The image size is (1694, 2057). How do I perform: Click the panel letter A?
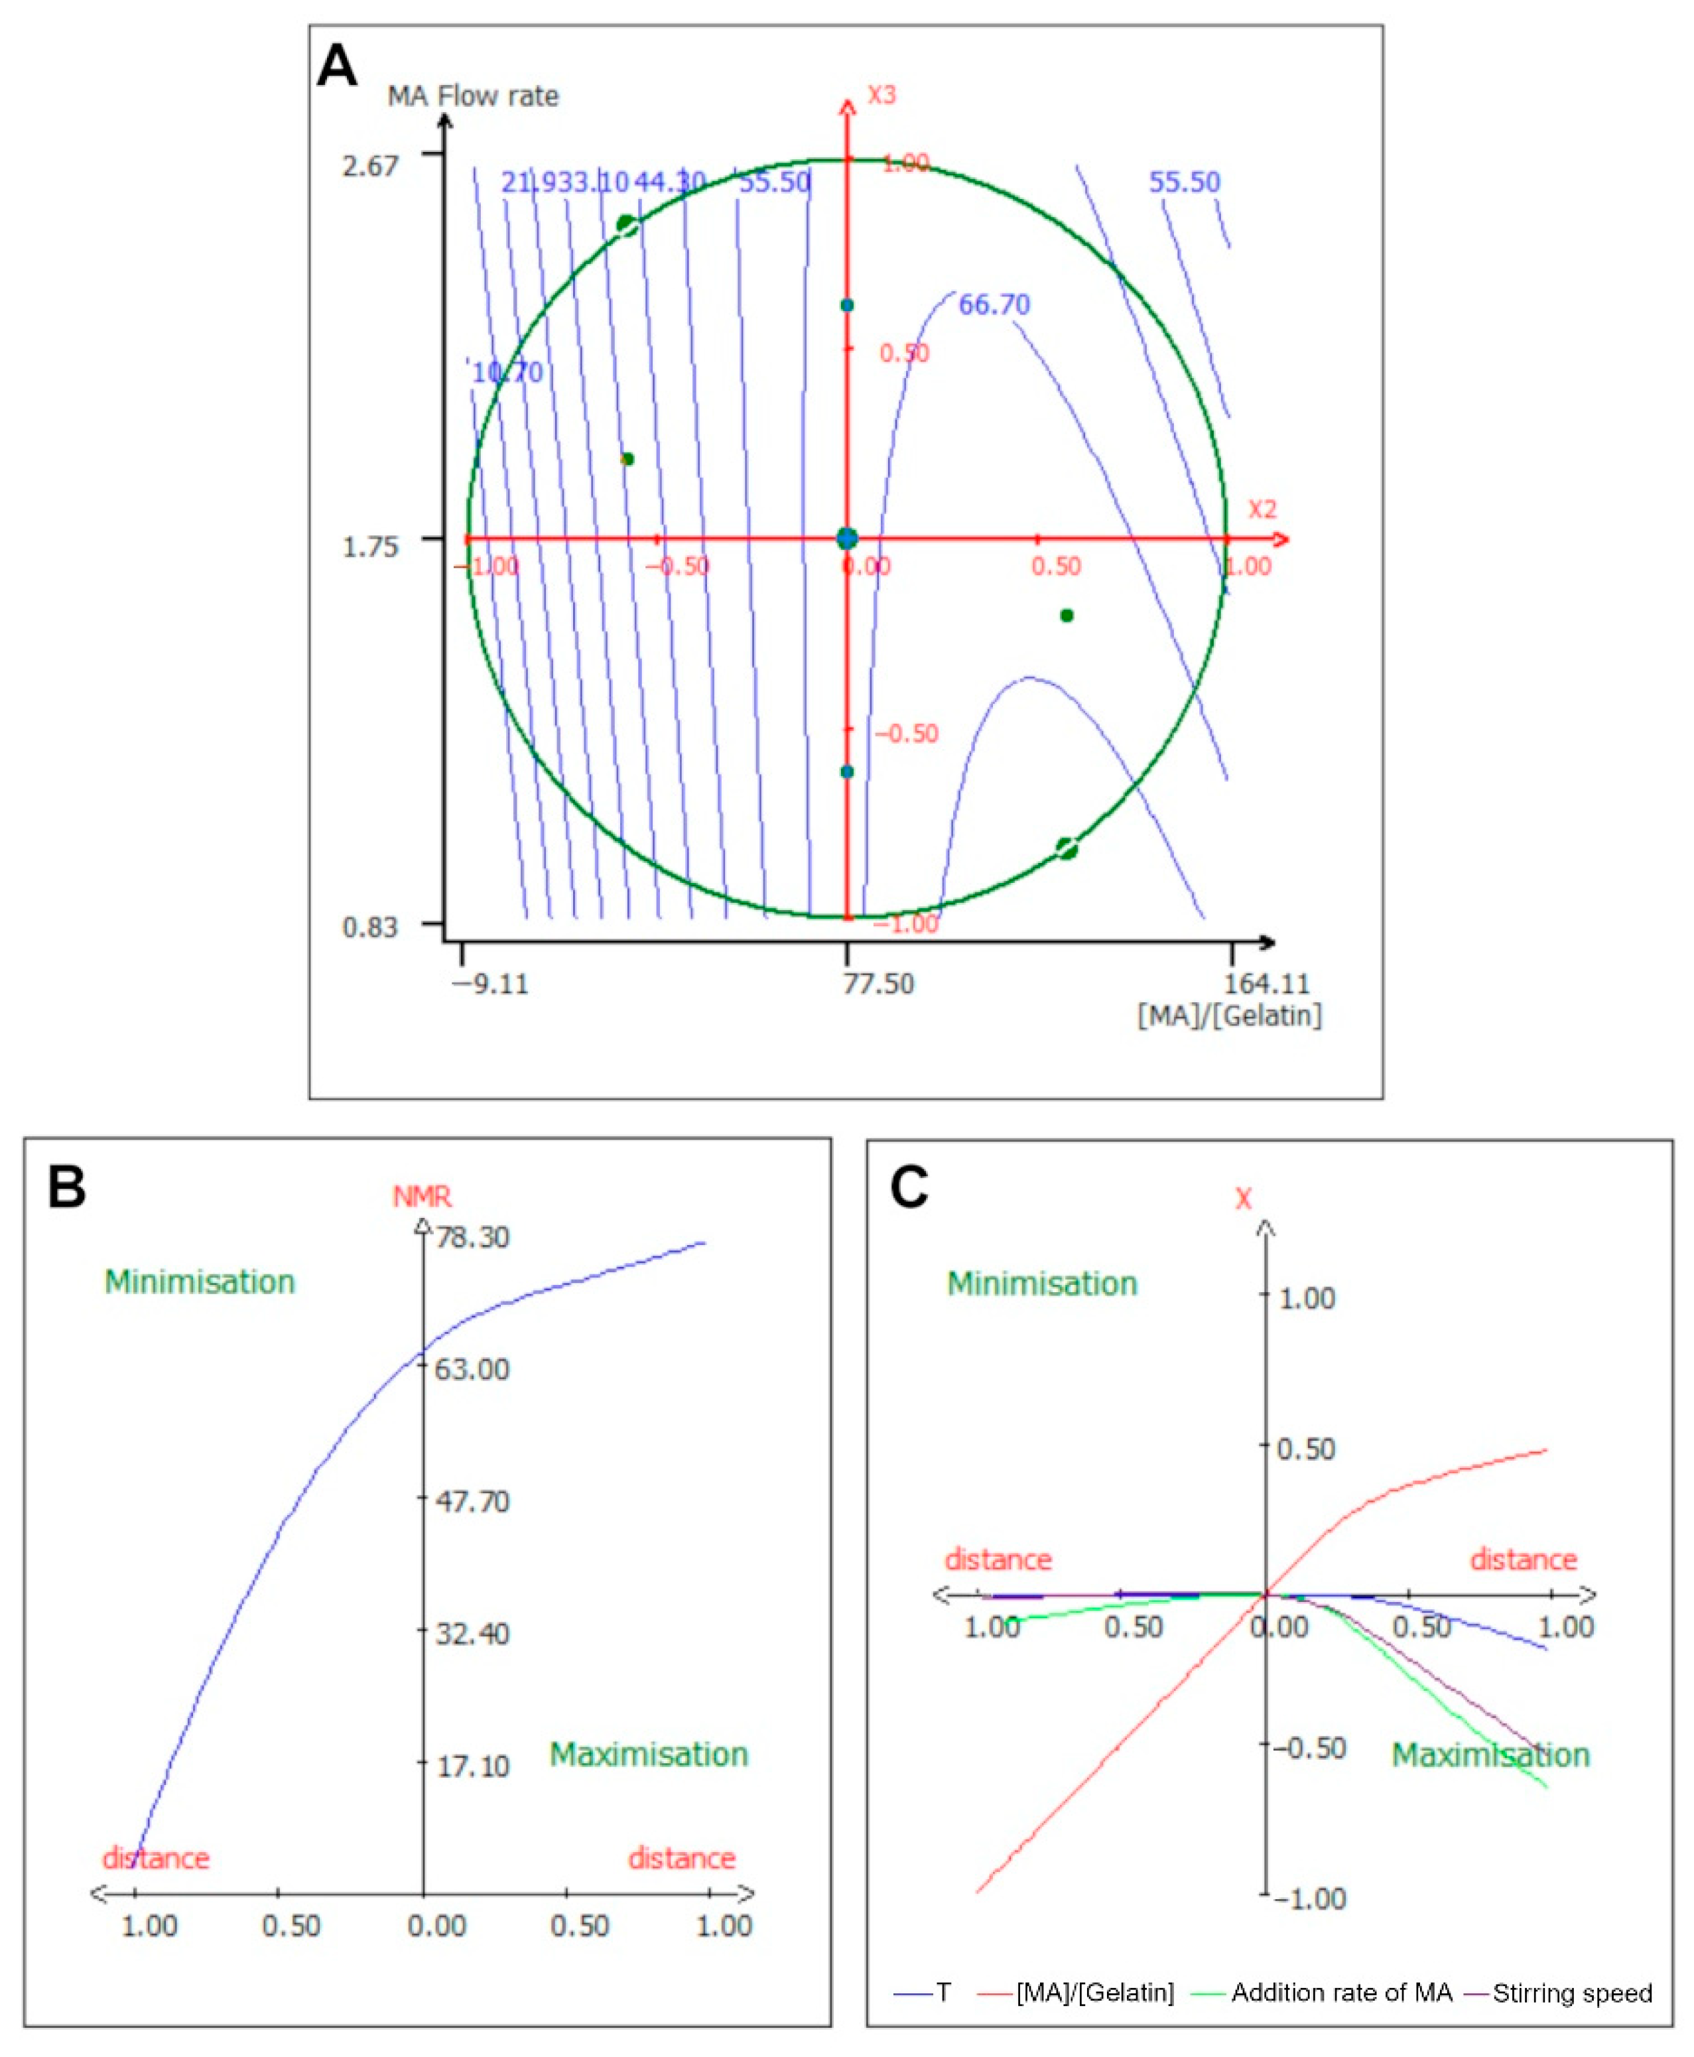tap(338, 66)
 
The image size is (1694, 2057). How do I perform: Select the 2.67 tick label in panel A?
tap(370, 165)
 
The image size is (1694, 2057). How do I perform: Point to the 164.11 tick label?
tap(1267, 984)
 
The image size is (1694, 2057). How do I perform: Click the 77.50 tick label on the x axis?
tap(878, 984)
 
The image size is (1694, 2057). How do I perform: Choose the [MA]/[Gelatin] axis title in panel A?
tap(1230, 1016)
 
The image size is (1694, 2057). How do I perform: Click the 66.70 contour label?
tap(994, 305)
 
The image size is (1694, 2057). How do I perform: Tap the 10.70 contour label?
tap(507, 373)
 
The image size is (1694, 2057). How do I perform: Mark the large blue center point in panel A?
tap(847, 539)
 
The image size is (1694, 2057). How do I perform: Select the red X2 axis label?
tap(1262, 509)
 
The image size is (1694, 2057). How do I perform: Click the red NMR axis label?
tap(422, 1197)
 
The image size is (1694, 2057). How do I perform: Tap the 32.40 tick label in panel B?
tap(472, 1632)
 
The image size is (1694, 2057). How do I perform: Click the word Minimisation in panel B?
tap(200, 1282)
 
